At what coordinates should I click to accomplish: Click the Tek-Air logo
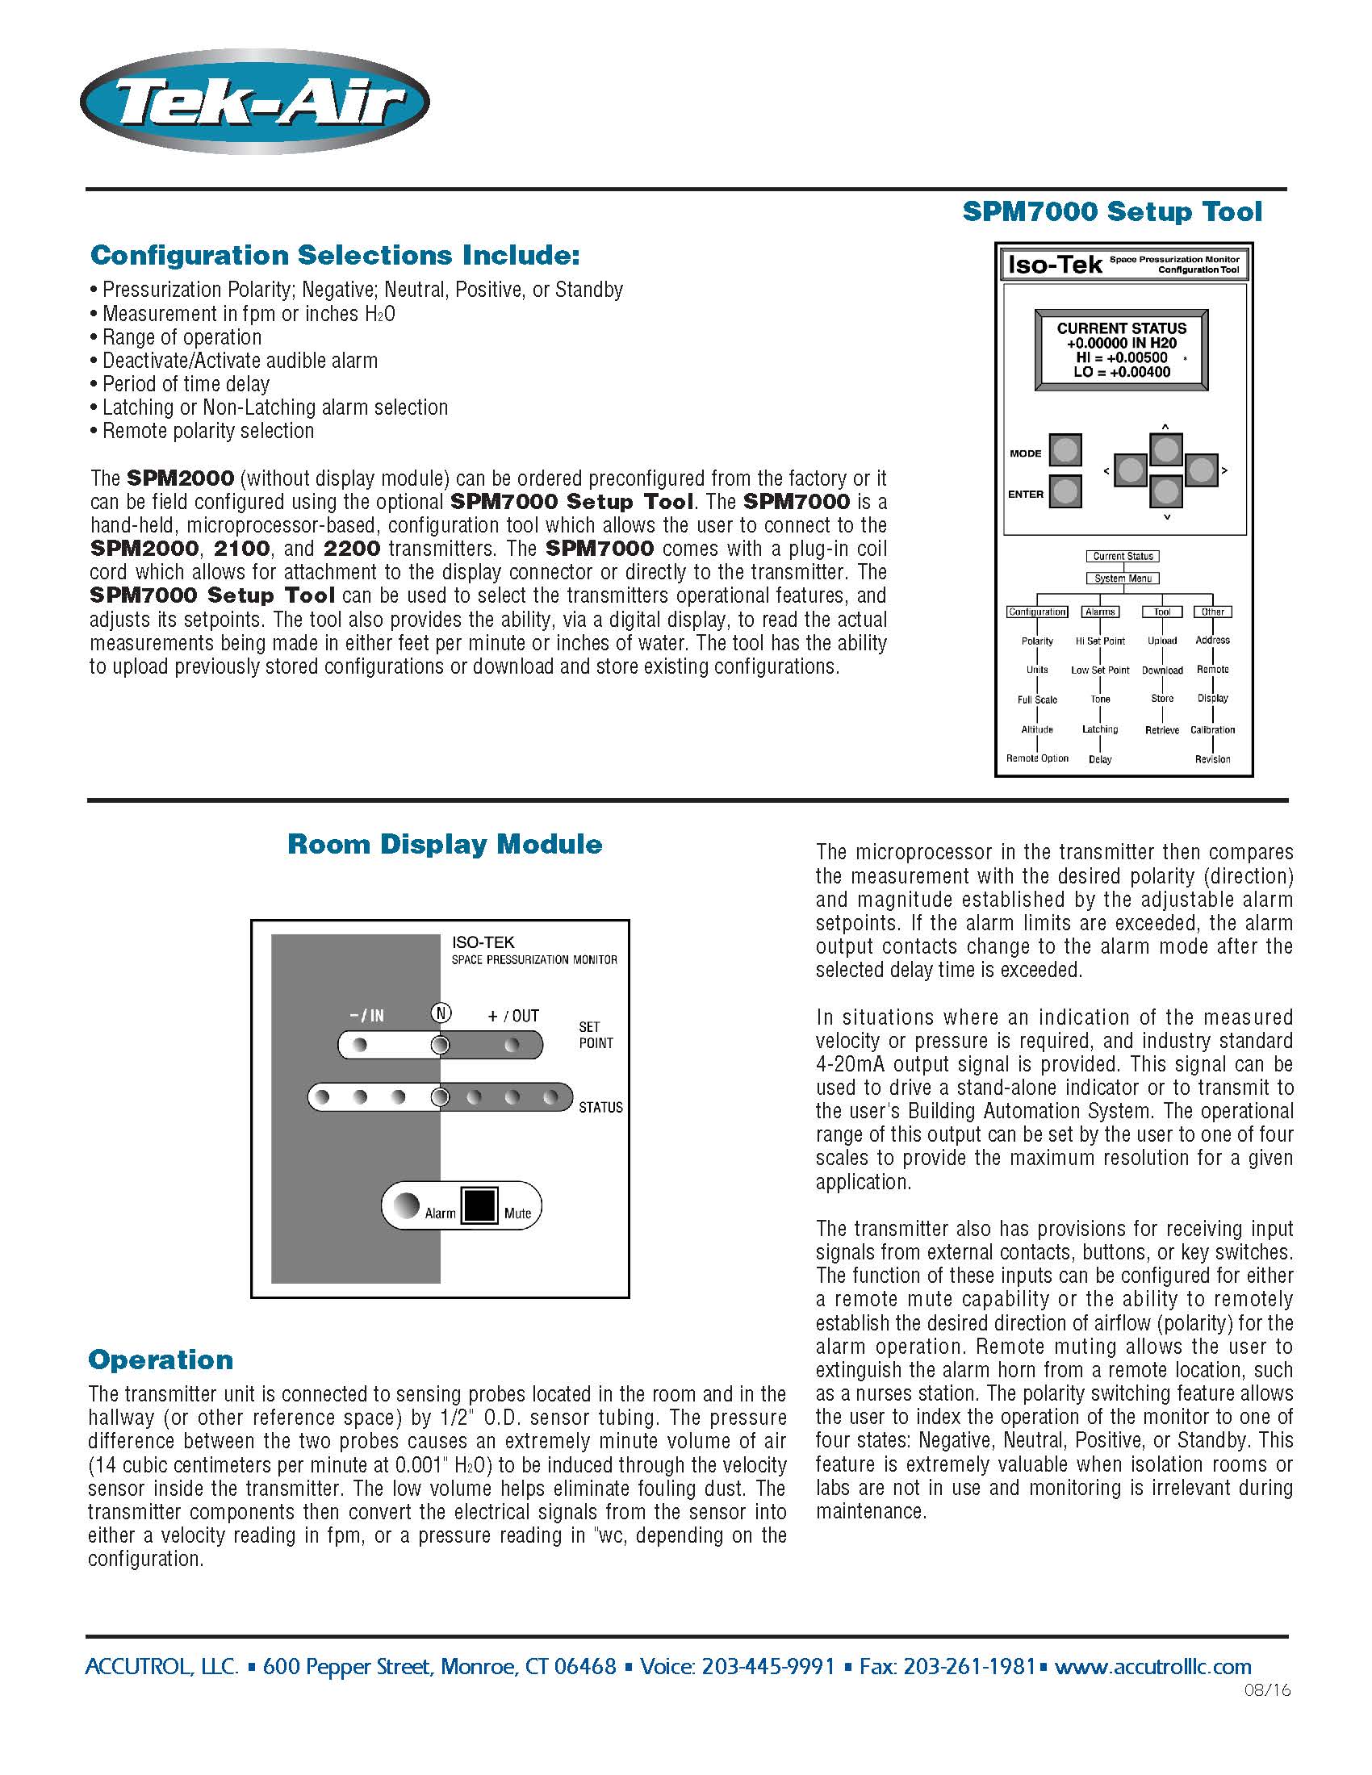pyautogui.click(x=254, y=102)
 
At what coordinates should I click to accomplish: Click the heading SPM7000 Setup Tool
pyautogui.click(x=1111, y=212)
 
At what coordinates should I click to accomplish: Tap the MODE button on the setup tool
pyautogui.click(x=1065, y=449)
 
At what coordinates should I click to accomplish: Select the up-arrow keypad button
pyautogui.click(x=1165, y=449)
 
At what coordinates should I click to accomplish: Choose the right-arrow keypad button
pyautogui.click(x=1201, y=470)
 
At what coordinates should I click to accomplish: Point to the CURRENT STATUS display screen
pyautogui.click(x=1121, y=350)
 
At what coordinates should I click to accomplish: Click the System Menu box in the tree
pyautogui.click(x=1123, y=578)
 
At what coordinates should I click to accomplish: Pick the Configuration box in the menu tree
pyautogui.click(x=1037, y=612)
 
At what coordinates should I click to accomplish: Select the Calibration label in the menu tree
pyautogui.click(x=1212, y=730)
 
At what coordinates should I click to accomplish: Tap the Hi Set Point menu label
pyautogui.click(x=1100, y=641)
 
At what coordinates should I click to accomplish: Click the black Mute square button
pyautogui.click(x=479, y=1206)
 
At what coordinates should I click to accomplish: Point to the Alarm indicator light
pyautogui.click(x=406, y=1205)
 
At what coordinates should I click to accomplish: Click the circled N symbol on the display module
pyautogui.click(x=441, y=1013)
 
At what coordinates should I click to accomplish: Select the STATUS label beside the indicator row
pyautogui.click(x=600, y=1108)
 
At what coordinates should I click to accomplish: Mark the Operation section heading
pyautogui.click(x=161, y=1359)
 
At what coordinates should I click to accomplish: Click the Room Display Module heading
pyautogui.click(x=445, y=845)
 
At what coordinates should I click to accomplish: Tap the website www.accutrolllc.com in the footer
pyautogui.click(x=1152, y=1667)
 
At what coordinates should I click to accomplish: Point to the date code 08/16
pyautogui.click(x=1266, y=1690)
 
